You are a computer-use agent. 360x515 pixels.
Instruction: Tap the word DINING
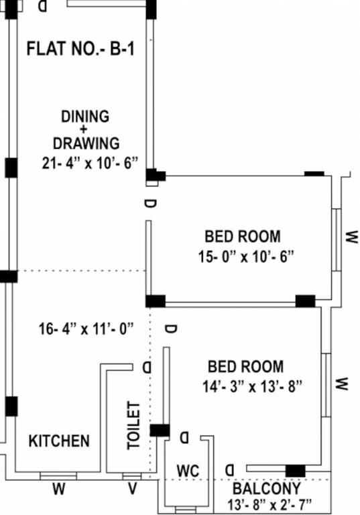click(x=85, y=116)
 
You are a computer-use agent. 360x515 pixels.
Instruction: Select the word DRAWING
click(x=86, y=143)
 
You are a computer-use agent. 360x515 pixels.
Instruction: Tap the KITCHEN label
click(x=59, y=441)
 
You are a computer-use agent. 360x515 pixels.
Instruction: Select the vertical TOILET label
click(x=134, y=425)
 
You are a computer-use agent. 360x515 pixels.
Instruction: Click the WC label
click(x=188, y=469)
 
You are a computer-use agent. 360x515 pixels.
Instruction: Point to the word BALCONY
click(x=267, y=488)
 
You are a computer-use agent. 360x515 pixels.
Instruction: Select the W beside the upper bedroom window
click(x=352, y=237)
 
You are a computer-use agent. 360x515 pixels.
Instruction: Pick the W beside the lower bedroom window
click(x=342, y=384)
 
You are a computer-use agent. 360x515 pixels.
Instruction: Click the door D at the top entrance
click(x=43, y=6)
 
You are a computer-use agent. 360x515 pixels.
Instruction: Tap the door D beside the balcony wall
click(x=230, y=468)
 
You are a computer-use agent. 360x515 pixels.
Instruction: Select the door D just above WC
click(x=184, y=438)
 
